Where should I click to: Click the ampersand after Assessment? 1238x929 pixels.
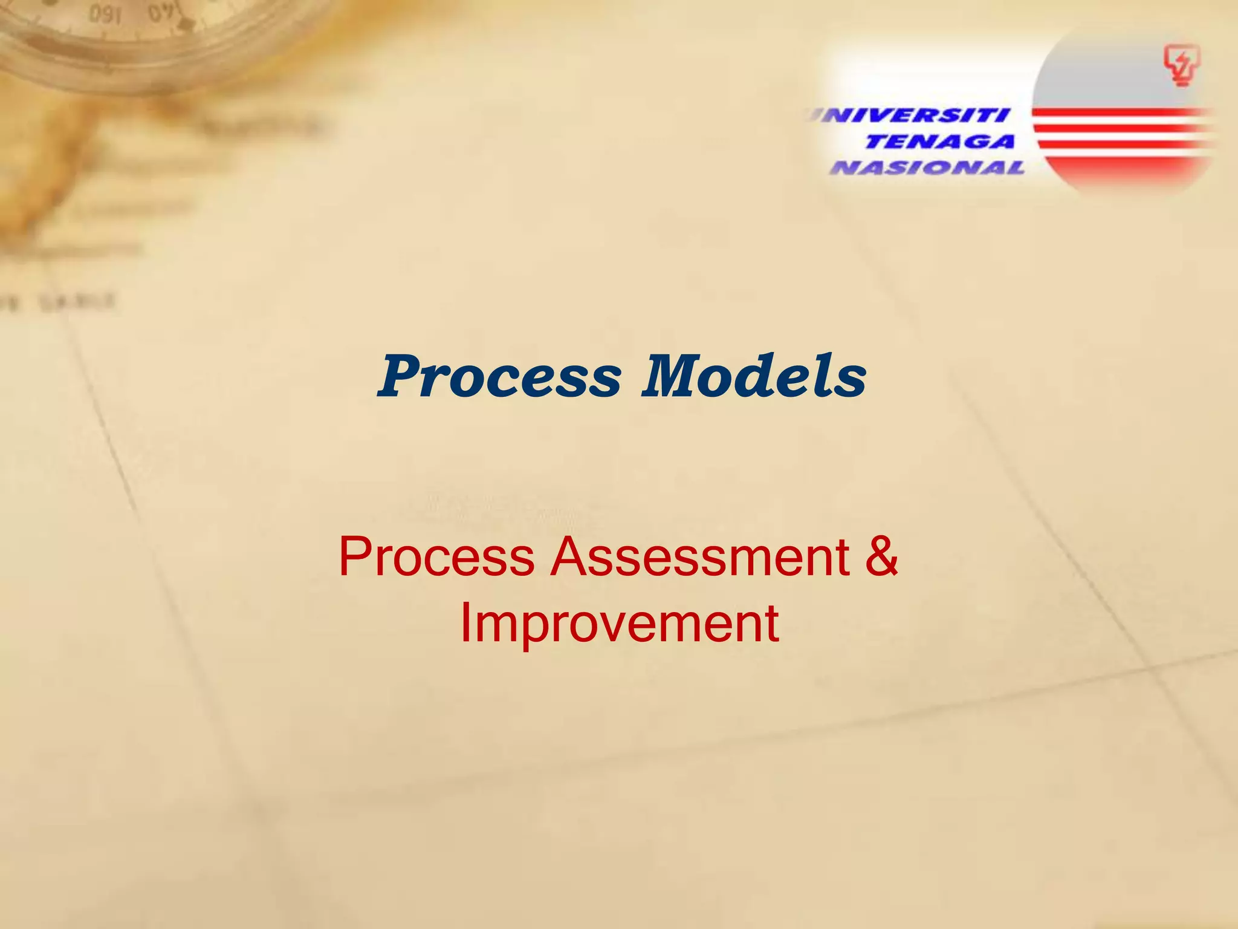coord(881,557)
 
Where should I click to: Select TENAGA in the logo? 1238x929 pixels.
coord(939,142)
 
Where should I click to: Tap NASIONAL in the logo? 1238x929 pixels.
coord(927,168)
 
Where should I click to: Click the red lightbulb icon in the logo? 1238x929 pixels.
coord(1182,67)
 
